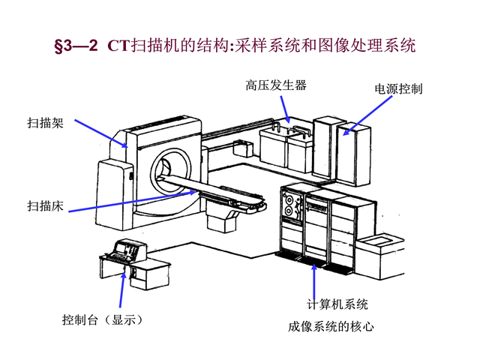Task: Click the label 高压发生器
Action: pyautogui.click(x=275, y=85)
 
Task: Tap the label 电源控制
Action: pyautogui.click(x=398, y=88)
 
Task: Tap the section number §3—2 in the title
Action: pyautogui.click(x=76, y=46)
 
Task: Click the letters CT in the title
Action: pyautogui.click(x=118, y=46)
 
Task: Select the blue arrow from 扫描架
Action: pyautogui.click(x=97, y=135)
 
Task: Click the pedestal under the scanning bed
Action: pyautogui.click(x=222, y=222)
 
